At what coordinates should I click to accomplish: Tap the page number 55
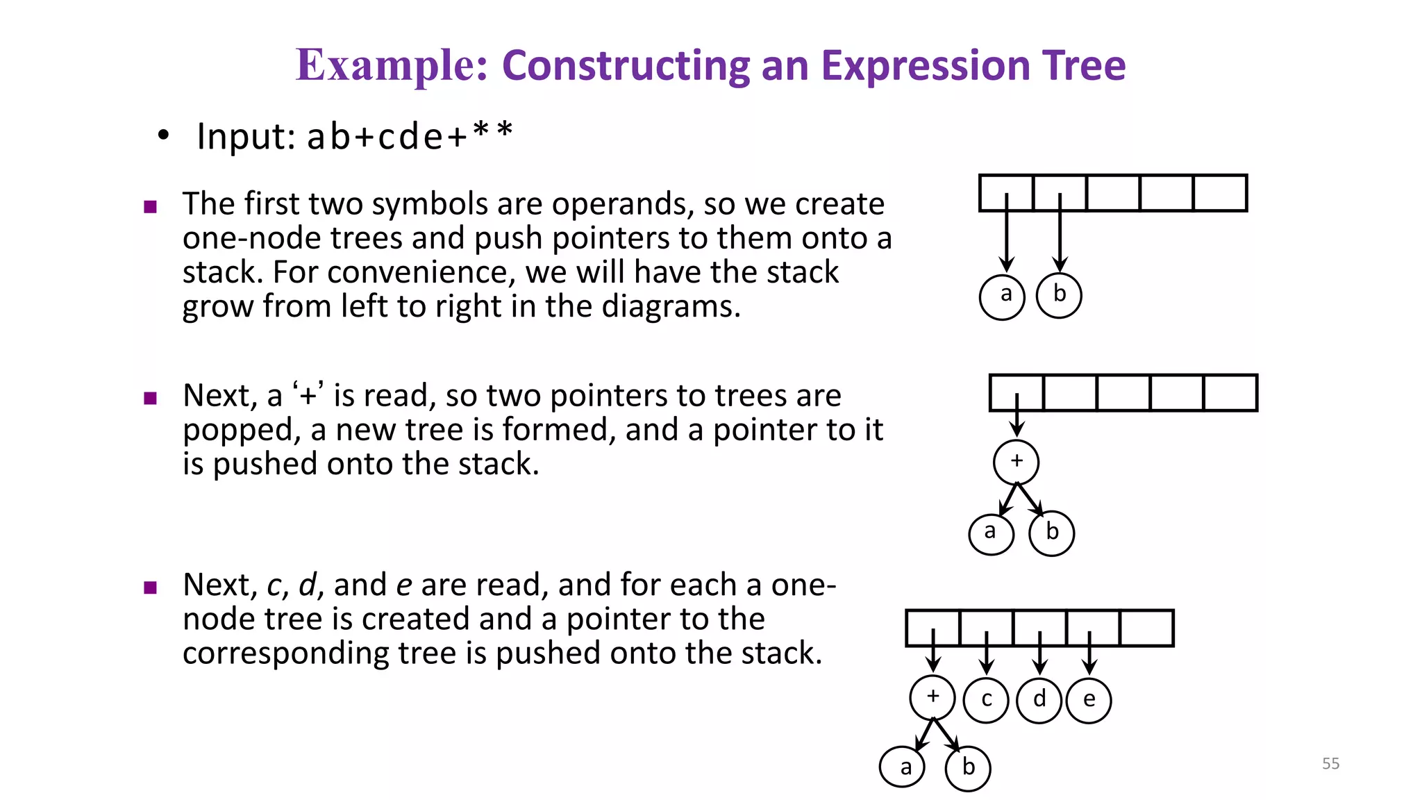pyautogui.click(x=1330, y=763)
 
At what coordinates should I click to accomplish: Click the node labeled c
pyautogui.click(x=986, y=700)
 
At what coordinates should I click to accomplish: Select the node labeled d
pyautogui.click(x=1039, y=700)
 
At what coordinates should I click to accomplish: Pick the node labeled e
pyautogui.click(x=1089, y=700)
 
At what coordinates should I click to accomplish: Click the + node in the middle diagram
pyautogui.click(x=1017, y=462)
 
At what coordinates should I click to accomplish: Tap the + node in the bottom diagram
pyautogui.click(x=932, y=697)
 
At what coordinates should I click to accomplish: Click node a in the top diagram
pyautogui.click(x=1002, y=297)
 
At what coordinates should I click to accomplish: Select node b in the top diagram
pyautogui.click(x=1059, y=295)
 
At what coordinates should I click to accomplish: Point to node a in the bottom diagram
pyautogui.click(x=903, y=768)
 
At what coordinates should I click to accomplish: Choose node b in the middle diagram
pyautogui.click(x=1052, y=533)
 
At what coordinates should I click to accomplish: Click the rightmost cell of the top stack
pyautogui.click(x=1220, y=193)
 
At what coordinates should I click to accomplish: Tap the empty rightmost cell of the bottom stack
pyautogui.click(x=1146, y=628)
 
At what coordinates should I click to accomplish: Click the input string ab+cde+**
pyautogui.click(x=410, y=135)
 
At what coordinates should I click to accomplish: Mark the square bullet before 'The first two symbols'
pyautogui.click(x=150, y=206)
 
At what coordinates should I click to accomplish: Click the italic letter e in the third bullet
pyautogui.click(x=403, y=585)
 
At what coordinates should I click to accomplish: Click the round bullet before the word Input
pyautogui.click(x=163, y=135)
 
